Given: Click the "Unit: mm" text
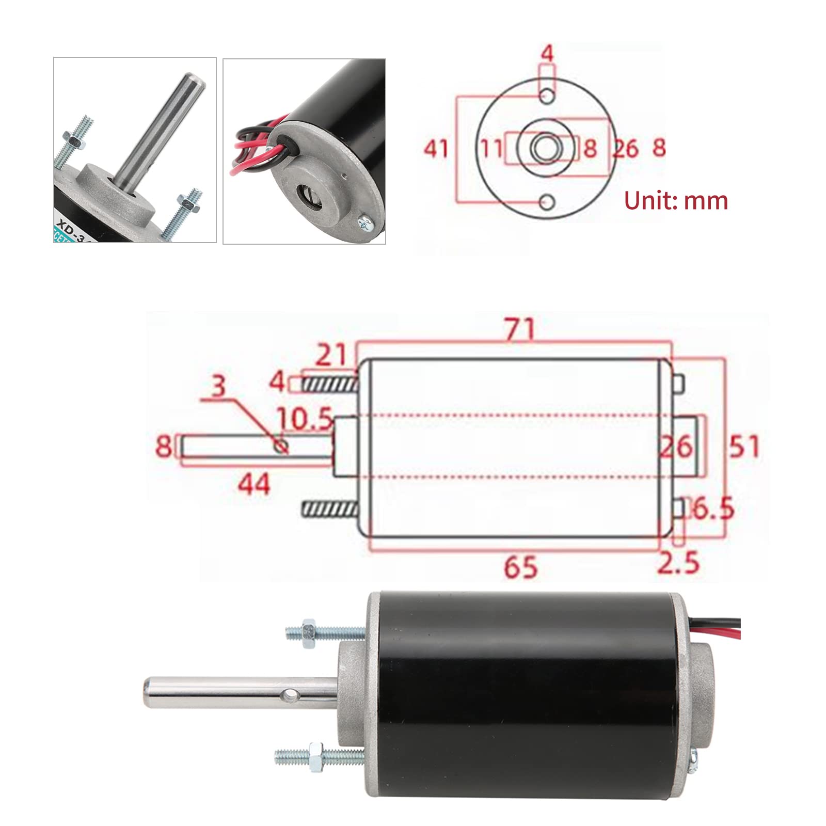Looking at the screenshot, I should tap(676, 200).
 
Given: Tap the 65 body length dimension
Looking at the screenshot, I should tap(520, 567).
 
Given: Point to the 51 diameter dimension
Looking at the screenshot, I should tap(744, 447).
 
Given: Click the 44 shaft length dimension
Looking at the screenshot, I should tap(254, 484).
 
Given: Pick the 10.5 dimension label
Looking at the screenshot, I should tap(305, 419).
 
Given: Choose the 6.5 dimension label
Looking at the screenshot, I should tap(713, 509).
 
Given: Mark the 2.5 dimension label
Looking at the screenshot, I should tap(678, 562).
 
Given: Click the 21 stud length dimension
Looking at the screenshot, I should tap(330, 355).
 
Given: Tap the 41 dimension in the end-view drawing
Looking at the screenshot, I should tap(436, 149).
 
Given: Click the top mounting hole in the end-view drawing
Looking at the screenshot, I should tap(547, 96).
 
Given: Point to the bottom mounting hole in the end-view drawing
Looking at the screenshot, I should tap(547, 201).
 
